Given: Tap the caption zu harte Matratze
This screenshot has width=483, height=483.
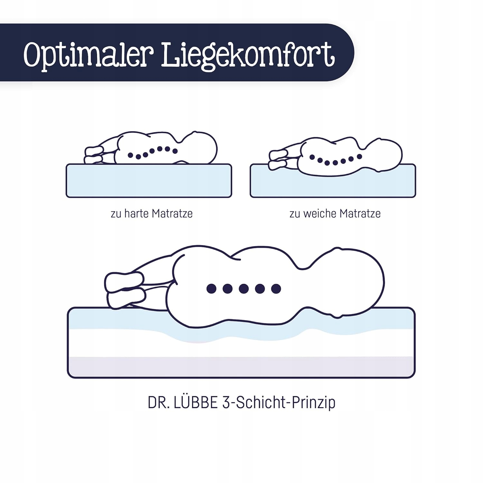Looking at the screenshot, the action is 152,213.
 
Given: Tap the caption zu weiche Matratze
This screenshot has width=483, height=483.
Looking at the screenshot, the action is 335,213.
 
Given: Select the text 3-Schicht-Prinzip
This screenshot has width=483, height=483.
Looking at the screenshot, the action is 279,403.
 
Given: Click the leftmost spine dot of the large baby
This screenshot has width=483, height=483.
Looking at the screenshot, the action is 212,289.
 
